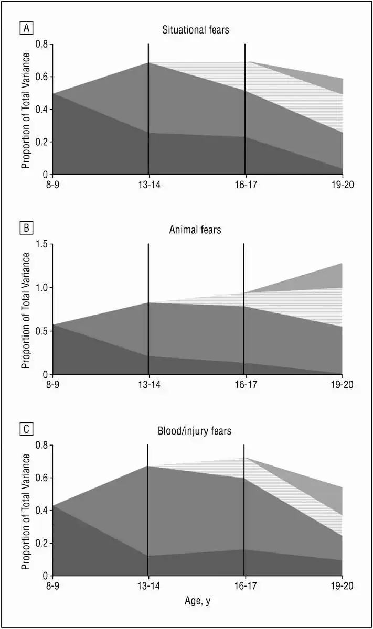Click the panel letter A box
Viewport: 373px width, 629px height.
click(x=25, y=27)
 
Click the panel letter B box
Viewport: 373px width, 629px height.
click(x=25, y=228)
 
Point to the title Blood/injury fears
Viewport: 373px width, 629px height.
click(x=195, y=431)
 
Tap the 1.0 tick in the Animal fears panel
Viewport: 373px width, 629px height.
click(x=41, y=288)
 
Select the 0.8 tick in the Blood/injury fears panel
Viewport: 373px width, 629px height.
click(x=41, y=445)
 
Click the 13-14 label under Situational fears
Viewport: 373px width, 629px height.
click(x=148, y=185)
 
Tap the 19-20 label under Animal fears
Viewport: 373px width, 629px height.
click(x=342, y=385)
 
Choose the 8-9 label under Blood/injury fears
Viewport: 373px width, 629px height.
click(x=52, y=585)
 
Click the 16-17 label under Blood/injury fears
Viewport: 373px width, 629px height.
click(x=244, y=585)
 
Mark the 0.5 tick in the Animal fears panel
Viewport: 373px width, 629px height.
click(x=41, y=331)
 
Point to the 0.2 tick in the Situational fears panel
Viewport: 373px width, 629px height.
click(x=41, y=142)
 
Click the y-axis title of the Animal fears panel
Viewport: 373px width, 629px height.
click(x=25, y=309)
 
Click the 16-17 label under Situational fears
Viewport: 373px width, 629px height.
click(x=245, y=185)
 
